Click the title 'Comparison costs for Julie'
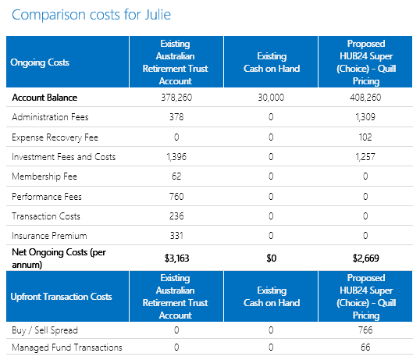91,15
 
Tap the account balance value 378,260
176,98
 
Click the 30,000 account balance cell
271,98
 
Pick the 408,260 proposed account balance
365,98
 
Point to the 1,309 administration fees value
365,117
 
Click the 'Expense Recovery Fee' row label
55,137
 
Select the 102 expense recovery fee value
365,137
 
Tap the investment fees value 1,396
176,157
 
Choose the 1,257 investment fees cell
365,157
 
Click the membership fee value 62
176,176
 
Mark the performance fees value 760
176,197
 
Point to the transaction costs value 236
176,216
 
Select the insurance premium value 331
176,236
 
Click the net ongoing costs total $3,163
176,258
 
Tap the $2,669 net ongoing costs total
365,258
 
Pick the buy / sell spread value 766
365,330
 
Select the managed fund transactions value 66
365,348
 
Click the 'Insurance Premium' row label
49,236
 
